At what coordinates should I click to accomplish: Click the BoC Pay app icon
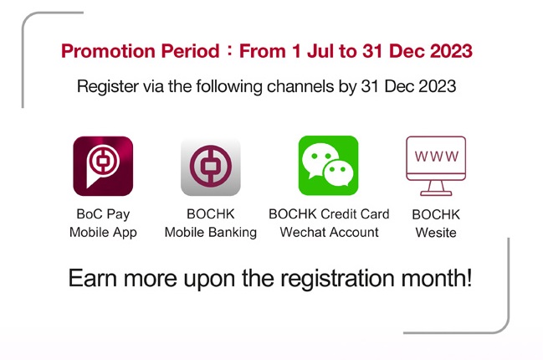click(x=103, y=167)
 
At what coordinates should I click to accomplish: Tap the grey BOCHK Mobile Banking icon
click(x=211, y=167)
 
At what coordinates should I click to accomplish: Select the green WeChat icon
click(x=328, y=166)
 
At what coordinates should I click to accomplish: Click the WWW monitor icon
click(x=436, y=166)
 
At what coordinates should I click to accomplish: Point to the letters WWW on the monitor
click(x=437, y=157)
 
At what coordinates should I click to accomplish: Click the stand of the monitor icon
click(x=436, y=188)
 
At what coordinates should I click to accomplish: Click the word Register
click(x=108, y=86)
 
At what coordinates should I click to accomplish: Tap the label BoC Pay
click(x=103, y=214)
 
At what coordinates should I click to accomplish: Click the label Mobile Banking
click(x=211, y=233)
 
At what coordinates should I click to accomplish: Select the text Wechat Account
click(x=329, y=232)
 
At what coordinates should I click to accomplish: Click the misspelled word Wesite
click(x=436, y=233)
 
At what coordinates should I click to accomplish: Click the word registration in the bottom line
click(x=337, y=279)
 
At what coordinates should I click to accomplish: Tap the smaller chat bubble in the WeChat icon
click(x=338, y=172)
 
